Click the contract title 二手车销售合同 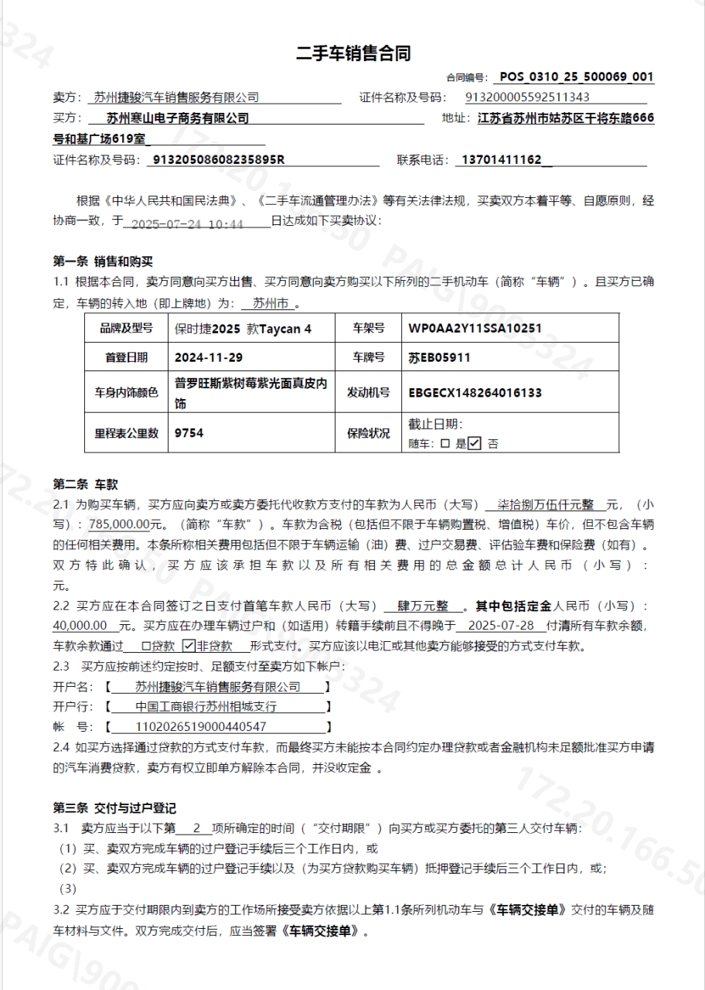(352, 53)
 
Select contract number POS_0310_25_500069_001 (577, 77)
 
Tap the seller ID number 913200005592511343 (528, 97)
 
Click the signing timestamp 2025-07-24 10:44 (188, 224)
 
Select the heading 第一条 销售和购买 (103, 261)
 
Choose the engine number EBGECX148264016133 (475, 392)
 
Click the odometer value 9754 (189, 433)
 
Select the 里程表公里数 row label (127, 433)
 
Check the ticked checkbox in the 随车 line (475, 444)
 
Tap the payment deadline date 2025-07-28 (502, 625)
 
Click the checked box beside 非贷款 (188, 646)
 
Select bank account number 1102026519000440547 (201, 726)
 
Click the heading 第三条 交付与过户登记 (114, 808)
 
